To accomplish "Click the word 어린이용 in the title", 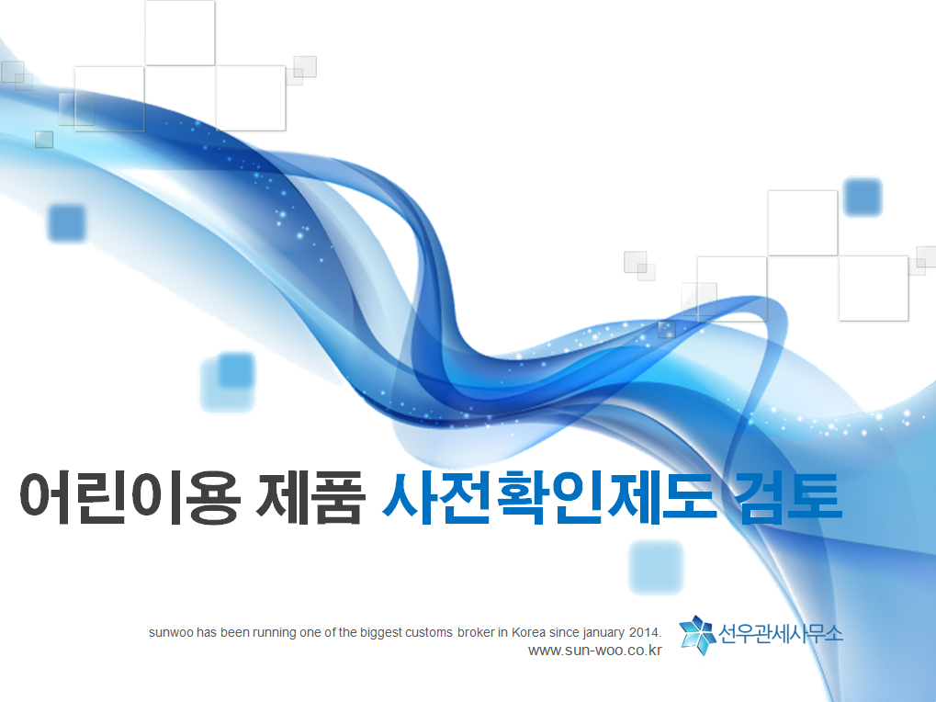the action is click(x=130, y=498).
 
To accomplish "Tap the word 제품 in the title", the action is click(x=310, y=498).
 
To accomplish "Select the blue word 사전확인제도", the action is click(x=548, y=498).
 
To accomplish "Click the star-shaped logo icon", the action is click(x=697, y=635).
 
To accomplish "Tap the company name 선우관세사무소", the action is click(x=780, y=633).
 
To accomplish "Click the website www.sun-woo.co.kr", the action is click(x=595, y=651).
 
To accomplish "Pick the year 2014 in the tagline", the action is click(x=645, y=633).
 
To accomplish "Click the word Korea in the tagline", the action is click(x=528, y=633).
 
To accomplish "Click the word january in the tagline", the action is click(x=603, y=633).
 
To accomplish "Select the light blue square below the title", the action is click(x=656, y=567).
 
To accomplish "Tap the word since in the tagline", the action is click(x=564, y=633).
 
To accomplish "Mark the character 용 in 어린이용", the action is click(x=213, y=498).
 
